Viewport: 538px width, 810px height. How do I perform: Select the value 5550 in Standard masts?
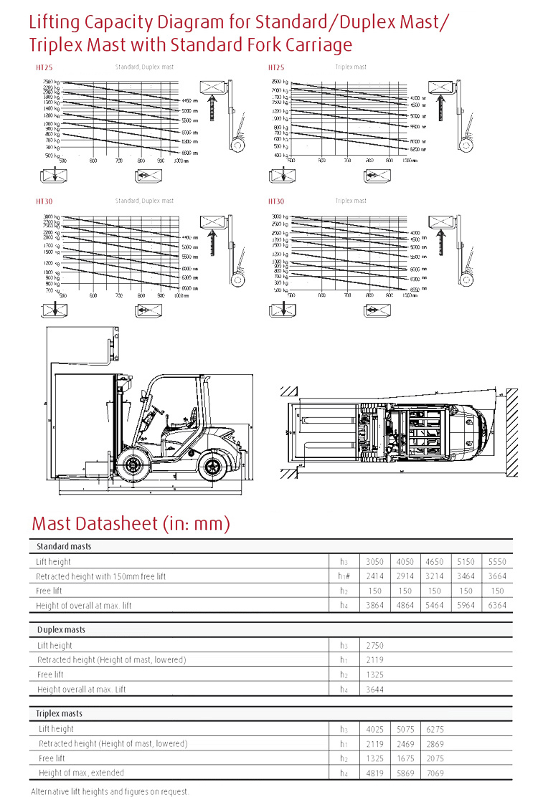[x=496, y=562]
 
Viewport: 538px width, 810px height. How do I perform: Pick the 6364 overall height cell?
[x=496, y=606]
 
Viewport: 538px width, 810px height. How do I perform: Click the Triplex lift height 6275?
[x=435, y=729]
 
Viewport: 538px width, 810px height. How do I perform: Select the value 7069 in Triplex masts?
[x=435, y=773]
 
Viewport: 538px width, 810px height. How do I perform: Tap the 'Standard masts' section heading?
[x=64, y=547]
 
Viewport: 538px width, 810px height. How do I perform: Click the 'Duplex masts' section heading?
[x=62, y=630]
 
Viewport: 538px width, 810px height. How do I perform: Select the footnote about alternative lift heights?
[x=110, y=792]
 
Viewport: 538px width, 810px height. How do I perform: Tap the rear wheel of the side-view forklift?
[x=212, y=469]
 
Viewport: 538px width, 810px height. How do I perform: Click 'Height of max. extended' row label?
[x=81, y=773]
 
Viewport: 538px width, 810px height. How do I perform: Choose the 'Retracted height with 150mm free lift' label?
[x=100, y=576]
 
